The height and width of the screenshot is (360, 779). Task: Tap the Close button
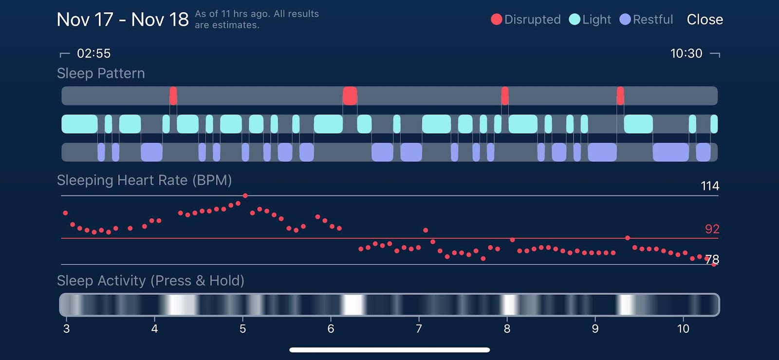pyautogui.click(x=705, y=19)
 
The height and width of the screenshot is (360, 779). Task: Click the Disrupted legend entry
pyautogui.click(x=525, y=19)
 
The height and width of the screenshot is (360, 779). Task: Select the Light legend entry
pyautogui.click(x=590, y=19)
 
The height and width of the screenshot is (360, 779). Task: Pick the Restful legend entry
pyautogui.click(x=646, y=19)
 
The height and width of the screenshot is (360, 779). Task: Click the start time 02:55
pyautogui.click(x=93, y=53)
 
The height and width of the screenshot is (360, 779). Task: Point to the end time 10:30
pyautogui.click(x=686, y=53)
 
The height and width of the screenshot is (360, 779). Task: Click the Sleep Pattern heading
pyautogui.click(x=101, y=74)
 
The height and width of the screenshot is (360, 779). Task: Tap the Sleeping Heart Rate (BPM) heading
pyautogui.click(x=144, y=180)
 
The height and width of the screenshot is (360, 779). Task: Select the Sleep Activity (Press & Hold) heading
pyautogui.click(x=150, y=280)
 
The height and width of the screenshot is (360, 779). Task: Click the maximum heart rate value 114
pyautogui.click(x=710, y=186)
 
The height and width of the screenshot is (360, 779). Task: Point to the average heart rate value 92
pyautogui.click(x=712, y=229)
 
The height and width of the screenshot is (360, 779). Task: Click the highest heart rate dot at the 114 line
pyautogui.click(x=245, y=196)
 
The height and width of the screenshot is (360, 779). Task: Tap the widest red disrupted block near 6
pyautogui.click(x=350, y=95)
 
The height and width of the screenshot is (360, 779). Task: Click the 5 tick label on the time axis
pyautogui.click(x=243, y=328)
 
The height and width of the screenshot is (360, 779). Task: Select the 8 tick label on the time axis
pyautogui.click(x=507, y=328)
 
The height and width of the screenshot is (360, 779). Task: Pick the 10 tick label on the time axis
pyautogui.click(x=684, y=328)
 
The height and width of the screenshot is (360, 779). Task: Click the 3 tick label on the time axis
pyautogui.click(x=66, y=328)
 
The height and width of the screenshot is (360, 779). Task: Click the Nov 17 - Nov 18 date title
pyautogui.click(x=123, y=19)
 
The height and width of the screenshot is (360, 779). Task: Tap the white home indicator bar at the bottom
pyautogui.click(x=389, y=350)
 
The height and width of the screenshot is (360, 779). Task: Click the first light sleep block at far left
pyautogui.click(x=80, y=124)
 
